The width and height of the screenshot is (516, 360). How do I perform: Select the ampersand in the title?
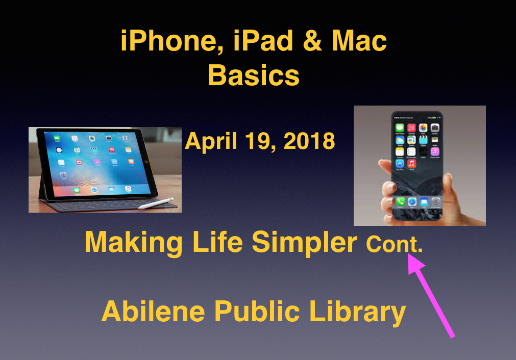tap(312, 40)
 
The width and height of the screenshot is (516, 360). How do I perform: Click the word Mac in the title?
tap(359, 40)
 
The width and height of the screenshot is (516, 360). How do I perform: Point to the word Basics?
tap(254, 75)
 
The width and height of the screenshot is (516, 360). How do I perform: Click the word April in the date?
tap(211, 141)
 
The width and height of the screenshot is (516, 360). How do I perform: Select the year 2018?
tap(309, 141)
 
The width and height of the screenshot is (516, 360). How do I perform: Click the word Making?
tap(134, 243)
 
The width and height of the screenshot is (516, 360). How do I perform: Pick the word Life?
tap(218, 242)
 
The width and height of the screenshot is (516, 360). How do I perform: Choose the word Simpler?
tap(304, 243)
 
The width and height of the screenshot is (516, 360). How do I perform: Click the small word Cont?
tap(394, 244)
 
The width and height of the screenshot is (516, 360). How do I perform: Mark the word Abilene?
tap(153, 311)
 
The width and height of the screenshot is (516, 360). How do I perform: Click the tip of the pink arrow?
tap(409, 254)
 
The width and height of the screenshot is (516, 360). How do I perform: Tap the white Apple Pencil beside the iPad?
tap(156, 203)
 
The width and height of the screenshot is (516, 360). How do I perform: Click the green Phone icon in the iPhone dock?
tap(400, 202)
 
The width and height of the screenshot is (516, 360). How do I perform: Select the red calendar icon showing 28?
tap(411, 127)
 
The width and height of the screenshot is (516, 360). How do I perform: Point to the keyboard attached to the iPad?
tap(109, 204)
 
